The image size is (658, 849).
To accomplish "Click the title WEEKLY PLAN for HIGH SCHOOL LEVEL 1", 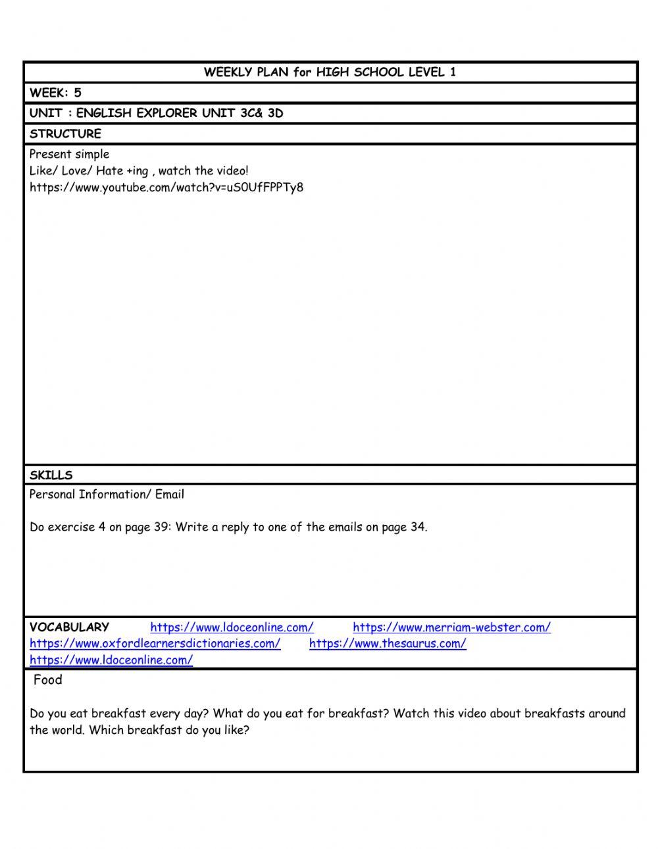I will click(330, 72).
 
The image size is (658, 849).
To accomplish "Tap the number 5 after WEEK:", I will click(78, 93).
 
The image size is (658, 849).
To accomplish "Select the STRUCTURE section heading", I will click(65, 133).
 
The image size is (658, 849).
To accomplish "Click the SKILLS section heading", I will click(51, 475).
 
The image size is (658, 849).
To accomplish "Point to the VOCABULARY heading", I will click(69, 627).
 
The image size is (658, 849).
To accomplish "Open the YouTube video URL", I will click(166, 187).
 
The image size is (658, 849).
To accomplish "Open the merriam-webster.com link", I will click(451, 627).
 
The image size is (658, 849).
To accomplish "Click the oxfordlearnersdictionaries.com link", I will click(155, 644).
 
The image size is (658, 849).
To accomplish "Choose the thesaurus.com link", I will click(388, 644).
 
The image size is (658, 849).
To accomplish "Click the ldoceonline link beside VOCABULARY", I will click(232, 627).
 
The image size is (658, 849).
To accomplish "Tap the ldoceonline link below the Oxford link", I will click(111, 660).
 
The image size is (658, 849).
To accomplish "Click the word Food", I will click(47, 680).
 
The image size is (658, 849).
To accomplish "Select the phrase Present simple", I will click(69, 155).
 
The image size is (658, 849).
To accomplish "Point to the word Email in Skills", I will click(170, 495).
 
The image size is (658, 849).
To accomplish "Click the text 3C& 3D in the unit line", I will click(262, 113).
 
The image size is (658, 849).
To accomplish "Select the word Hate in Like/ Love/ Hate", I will click(109, 171).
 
